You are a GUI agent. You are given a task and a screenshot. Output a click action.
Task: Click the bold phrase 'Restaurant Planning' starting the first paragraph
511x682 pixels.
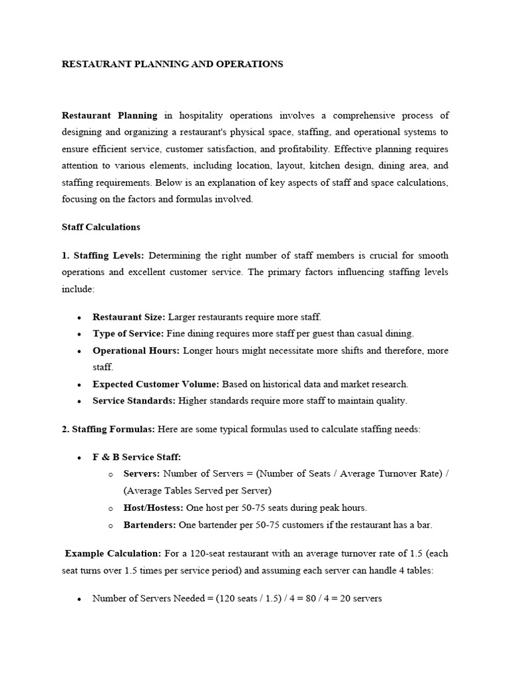tap(109, 115)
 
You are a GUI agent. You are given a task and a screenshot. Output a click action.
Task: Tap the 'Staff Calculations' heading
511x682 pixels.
tap(100, 227)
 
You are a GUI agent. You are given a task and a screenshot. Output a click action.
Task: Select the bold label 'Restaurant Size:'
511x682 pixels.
tap(128, 317)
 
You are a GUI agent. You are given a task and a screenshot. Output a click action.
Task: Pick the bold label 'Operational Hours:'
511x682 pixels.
tap(136, 350)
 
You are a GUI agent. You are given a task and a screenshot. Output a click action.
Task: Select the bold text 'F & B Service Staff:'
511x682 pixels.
tap(136, 457)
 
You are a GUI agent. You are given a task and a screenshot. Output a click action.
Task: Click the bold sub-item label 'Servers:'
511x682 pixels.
tap(142, 474)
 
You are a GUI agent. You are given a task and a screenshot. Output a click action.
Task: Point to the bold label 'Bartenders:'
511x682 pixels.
tap(150, 525)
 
